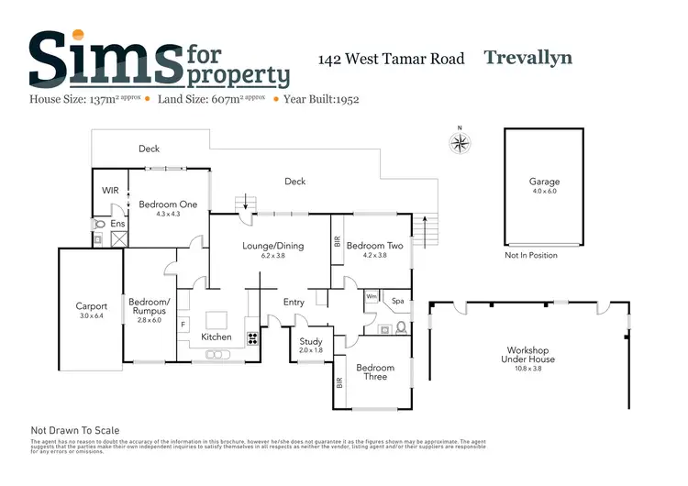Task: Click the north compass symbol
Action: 460,142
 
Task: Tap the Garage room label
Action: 543,182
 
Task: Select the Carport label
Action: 91,306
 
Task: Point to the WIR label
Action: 111,191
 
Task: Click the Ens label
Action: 117,224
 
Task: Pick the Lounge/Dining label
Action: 272,246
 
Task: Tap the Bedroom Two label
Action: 374,246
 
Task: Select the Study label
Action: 312,340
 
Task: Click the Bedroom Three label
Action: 376,372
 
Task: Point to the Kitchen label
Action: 216,337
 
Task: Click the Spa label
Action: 398,300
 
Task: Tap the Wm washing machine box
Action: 372,297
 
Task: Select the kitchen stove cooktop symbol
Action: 253,337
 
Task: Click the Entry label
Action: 294,302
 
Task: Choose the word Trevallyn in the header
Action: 527,58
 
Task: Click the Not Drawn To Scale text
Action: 75,430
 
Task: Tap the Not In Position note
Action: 531,255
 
